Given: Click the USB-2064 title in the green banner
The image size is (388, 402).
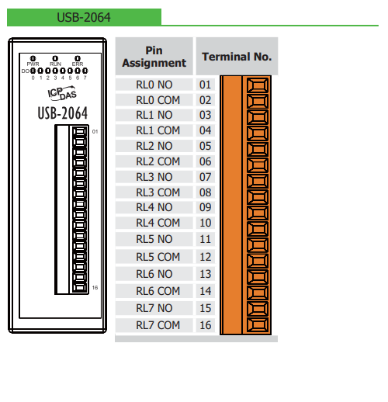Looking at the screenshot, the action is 84,18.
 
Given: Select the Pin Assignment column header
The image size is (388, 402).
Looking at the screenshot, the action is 154,57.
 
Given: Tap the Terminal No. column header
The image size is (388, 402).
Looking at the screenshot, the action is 237,57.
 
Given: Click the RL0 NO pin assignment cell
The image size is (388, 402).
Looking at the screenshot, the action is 154,85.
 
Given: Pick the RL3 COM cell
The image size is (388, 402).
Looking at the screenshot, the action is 158,192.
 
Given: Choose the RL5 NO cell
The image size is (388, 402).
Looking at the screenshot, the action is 154,239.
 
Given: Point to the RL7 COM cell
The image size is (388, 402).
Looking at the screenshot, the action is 158,325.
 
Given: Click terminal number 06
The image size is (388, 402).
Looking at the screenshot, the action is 206,161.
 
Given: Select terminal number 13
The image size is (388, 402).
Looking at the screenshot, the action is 206,274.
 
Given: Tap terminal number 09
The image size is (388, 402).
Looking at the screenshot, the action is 206,207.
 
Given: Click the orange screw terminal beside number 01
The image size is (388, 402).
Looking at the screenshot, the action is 258,85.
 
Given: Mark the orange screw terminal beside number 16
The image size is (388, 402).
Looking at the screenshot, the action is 258,325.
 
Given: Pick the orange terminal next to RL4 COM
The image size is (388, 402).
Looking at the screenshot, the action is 258,229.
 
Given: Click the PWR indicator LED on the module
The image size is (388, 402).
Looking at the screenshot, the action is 33,58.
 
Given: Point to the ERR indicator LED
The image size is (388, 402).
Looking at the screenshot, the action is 78,58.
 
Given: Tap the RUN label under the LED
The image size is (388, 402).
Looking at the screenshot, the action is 55,64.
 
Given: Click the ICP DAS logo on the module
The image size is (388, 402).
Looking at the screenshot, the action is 62,93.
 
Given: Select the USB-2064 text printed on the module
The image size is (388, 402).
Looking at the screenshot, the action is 63,113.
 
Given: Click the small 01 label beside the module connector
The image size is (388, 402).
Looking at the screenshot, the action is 95,132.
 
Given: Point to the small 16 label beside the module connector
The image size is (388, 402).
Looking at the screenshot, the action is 95,288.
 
